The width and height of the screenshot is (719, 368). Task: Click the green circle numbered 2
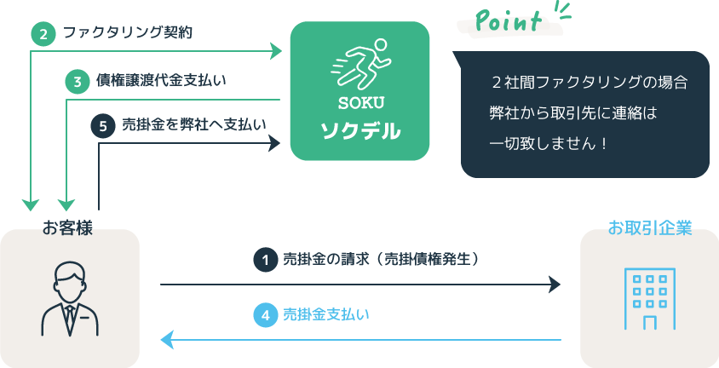[x=43, y=34]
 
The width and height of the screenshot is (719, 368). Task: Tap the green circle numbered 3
[x=77, y=82]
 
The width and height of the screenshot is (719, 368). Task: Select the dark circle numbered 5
[x=103, y=126]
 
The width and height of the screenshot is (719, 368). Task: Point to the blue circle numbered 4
[x=265, y=316]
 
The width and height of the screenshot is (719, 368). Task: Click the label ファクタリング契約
[x=128, y=33]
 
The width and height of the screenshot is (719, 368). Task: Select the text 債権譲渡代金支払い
[x=161, y=81]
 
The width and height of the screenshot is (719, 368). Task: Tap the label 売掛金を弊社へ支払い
[x=194, y=125]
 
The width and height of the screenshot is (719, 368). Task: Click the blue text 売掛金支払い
[x=326, y=315]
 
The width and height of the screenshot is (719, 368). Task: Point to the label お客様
[x=67, y=227]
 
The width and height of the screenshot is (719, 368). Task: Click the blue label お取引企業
[x=650, y=227]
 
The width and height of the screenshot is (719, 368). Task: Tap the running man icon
[x=359, y=64]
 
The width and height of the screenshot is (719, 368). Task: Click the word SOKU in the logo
[x=361, y=104]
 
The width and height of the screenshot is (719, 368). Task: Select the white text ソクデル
[x=360, y=131]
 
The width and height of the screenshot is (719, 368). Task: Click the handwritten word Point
[x=508, y=20]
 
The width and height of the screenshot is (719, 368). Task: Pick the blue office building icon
[x=650, y=299]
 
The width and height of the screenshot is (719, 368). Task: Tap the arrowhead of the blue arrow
[x=167, y=340]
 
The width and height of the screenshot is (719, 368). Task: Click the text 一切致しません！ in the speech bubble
[x=549, y=144]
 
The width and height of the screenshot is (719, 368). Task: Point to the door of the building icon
[x=650, y=323]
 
